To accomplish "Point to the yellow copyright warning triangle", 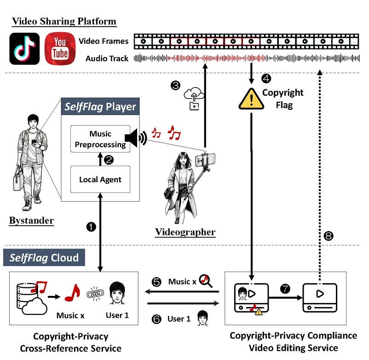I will coord(252,98).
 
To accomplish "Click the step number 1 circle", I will coord(92,226).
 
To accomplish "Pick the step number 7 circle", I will coord(285,289).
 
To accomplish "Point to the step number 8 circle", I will coord(328,236).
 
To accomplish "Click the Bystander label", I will coord(31,221).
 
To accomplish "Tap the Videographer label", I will coord(185,232).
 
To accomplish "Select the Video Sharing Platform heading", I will coord(64,21).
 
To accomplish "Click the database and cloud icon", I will coord(29,296).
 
